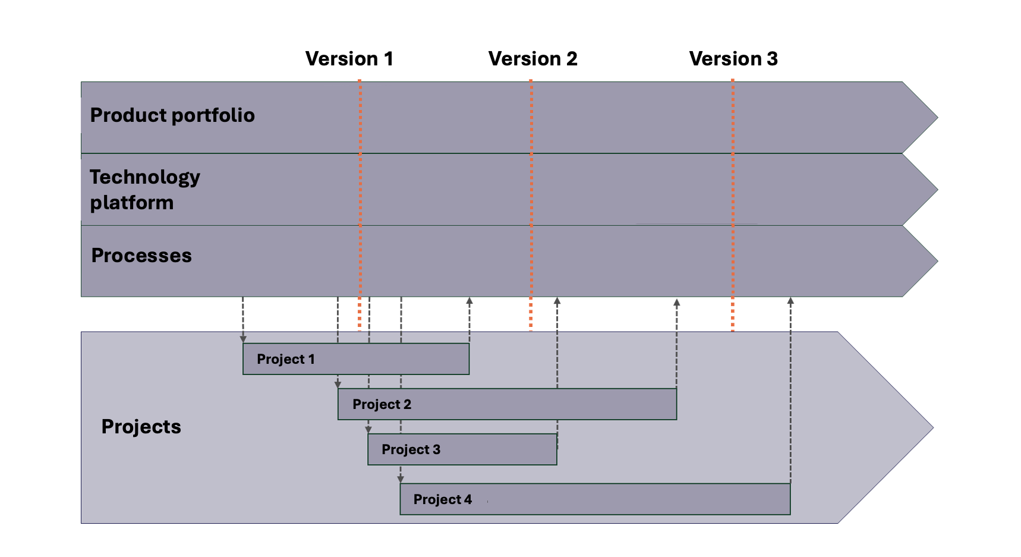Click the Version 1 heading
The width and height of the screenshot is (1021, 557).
click(349, 59)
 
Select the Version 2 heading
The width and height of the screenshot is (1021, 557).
click(532, 59)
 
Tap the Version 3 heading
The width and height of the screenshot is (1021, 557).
click(733, 59)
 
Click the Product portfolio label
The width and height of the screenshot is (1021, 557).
click(172, 115)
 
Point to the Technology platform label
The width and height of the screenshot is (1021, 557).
click(145, 190)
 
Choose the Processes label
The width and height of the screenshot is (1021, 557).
click(141, 256)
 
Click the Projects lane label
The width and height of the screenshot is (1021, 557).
click(141, 427)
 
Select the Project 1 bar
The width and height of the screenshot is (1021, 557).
click(355, 359)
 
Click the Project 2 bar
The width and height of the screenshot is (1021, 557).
click(507, 404)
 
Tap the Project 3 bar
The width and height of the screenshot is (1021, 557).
click(462, 449)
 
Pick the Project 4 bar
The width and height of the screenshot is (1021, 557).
click(594, 499)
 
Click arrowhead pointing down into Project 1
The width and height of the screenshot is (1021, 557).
click(243, 339)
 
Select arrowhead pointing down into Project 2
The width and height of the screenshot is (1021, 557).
click(338, 385)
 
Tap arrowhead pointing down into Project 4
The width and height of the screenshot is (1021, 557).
click(401, 479)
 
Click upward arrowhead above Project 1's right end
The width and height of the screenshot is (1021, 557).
click(469, 301)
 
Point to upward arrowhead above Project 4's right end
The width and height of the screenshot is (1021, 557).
click(790, 301)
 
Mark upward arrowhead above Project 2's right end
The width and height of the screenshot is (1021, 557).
click(676, 303)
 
